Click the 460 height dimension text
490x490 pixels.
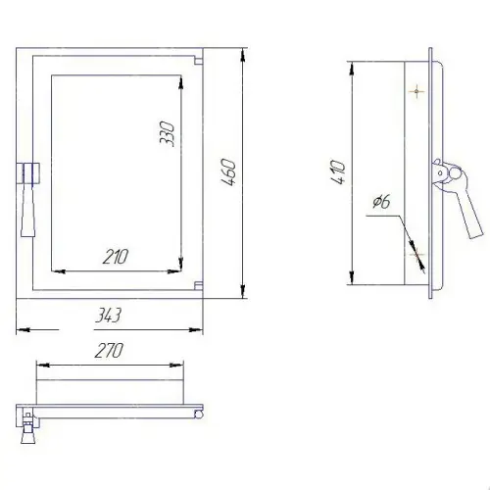pos(228,172)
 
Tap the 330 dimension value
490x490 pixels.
pos(167,133)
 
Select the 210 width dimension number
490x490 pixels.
pos(116,257)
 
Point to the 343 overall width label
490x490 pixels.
pos(109,316)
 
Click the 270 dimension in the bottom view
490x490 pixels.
pos(109,350)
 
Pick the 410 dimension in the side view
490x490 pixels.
pos(338,172)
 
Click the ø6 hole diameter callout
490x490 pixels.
pos(381,202)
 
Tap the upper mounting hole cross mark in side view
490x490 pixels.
pos(416,91)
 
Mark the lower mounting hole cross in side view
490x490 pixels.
pos(416,254)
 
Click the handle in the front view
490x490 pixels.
pos(28,199)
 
